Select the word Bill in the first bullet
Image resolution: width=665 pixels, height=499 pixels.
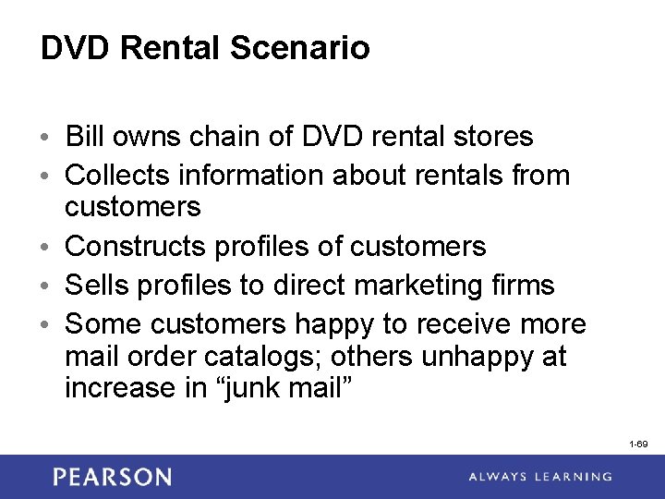85,137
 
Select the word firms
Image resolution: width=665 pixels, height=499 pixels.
521,286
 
